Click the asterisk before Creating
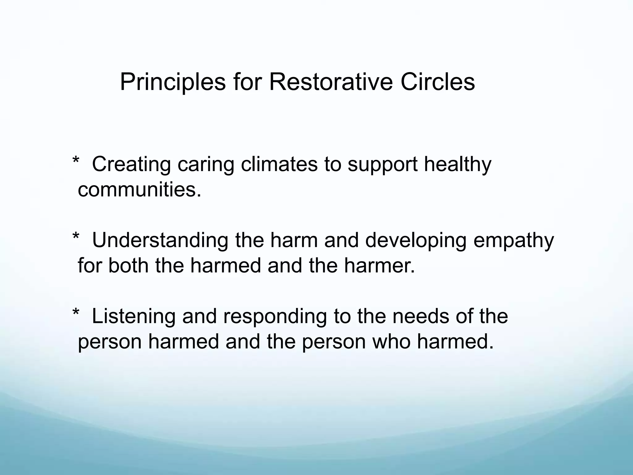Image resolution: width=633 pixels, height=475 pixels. (76, 161)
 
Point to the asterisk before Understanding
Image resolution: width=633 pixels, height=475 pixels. (76, 237)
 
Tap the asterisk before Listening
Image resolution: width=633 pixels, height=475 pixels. (76, 313)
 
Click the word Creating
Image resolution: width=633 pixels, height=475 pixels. (131, 165)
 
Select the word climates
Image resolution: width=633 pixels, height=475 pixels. (279, 165)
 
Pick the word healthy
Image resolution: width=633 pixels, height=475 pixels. (457, 165)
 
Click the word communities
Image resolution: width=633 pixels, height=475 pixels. (139, 190)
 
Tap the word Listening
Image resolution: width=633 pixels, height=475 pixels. (134, 317)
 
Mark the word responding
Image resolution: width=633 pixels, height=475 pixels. (275, 317)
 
